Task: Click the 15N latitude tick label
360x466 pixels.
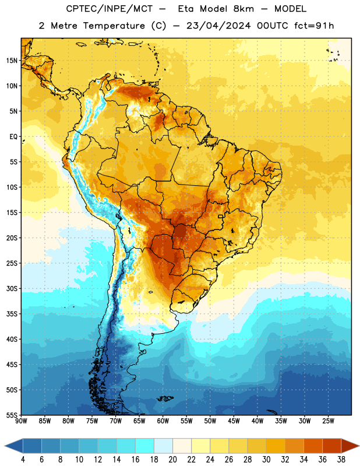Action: click(12, 61)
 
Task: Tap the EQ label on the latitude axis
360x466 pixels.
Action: click(13, 137)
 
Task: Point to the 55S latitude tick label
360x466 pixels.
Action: click(12, 415)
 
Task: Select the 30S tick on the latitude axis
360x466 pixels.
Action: click(12, 288)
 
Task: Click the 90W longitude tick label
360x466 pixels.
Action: click(22, 421)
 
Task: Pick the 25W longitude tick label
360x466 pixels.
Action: click(328, 421)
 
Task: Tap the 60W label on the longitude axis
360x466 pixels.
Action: click(163, 421)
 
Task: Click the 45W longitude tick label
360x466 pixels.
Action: click(234, 421)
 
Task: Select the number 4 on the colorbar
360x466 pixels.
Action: click(23, 460)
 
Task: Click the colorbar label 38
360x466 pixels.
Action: click(341, 460)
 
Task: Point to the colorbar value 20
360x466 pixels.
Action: click(172, 460)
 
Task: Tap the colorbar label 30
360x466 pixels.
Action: click(266, 460)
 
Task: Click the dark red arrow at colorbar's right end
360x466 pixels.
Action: click(350, 446)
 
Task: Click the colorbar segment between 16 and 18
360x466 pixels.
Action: click(145, 446)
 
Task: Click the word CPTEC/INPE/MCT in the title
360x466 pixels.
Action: click(110, 9)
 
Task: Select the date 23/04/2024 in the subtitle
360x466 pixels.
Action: click(218, 26)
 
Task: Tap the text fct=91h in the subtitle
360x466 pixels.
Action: click(314, 26)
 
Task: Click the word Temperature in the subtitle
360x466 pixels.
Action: click(114, 26)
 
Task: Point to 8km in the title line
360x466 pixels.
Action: click(243, 9)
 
